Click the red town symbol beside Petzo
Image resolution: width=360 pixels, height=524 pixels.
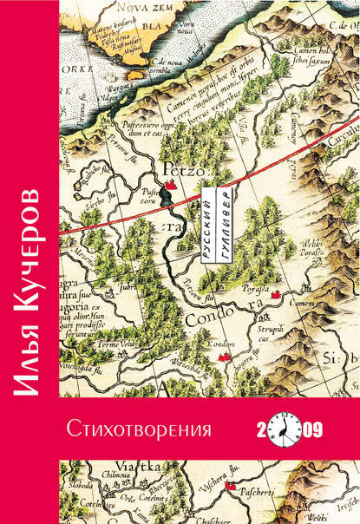point(173,183)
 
